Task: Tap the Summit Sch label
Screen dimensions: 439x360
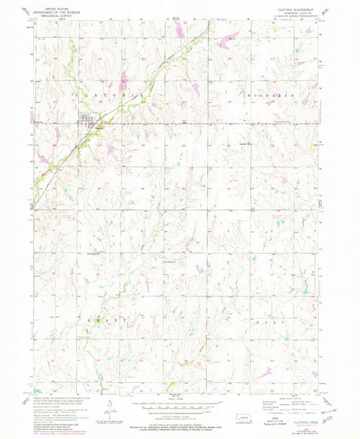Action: pyautogui.click(x=244, y=144)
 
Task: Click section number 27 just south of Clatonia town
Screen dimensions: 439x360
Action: pyautogui.click(x=99, y=145)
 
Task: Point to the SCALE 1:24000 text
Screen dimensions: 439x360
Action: pyautogui.click(x=179, y=399)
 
